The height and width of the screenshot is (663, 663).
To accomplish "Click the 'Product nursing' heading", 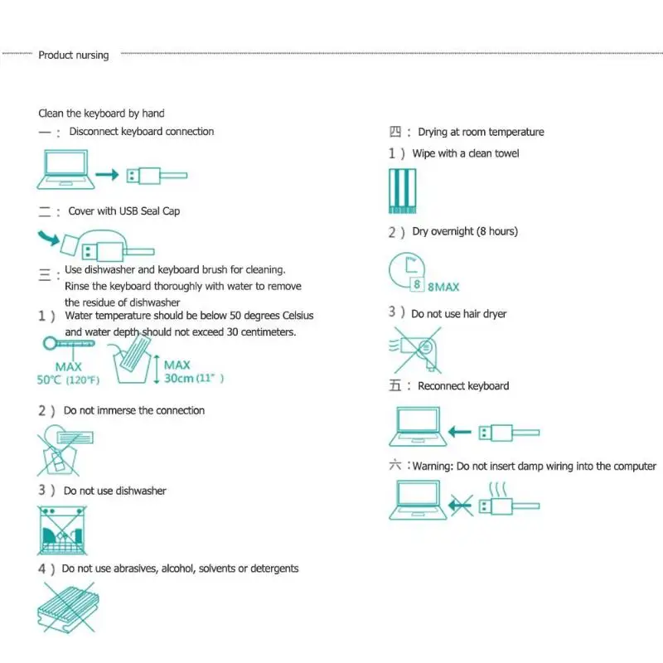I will coord(73,56).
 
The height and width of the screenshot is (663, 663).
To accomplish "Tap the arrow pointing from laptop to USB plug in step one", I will coord(108,175).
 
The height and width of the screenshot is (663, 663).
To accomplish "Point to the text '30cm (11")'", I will coord(194,379).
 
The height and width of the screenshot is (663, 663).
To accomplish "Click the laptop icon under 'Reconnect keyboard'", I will coord(418,427).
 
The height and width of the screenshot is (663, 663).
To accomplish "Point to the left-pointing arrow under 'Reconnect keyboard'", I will coord(462,432).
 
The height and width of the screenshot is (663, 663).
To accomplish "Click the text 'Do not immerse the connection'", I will coord(133,410).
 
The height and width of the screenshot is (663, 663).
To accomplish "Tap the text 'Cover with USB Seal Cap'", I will coord(123,211).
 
